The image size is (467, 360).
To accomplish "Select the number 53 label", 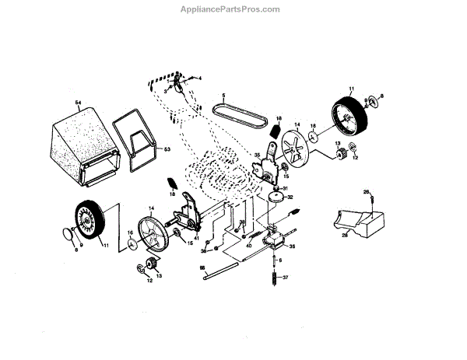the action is point(166,148).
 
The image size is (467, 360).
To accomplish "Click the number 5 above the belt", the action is point(223,96).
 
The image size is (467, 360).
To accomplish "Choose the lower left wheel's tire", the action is point(90,221).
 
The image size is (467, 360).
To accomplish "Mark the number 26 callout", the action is point(366,191).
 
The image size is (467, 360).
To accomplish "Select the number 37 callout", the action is point(285,278).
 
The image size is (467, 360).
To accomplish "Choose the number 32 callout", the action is point(290,197).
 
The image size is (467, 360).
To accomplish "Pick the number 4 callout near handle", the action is point(199,79).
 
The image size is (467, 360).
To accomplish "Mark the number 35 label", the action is point(256,155).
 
